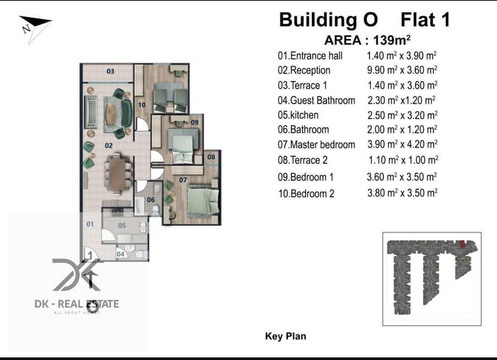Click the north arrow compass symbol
[x=34, y=28]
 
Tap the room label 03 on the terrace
[x=110, y=71]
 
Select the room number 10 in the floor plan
[x=142, y=104]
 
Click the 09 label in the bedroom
[x=195, y=122]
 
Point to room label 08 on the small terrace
[x=211, y=157]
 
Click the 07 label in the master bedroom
[x=183, y=180]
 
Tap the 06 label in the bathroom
[x=151, y=200]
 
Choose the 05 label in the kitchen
[x=122, y=226]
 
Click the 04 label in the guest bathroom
[x=121, y=254]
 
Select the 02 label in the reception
[x=109, y=146]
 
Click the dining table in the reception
[x=118, y=173]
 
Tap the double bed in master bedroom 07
[x=203, y=201]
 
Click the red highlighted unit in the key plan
[x=462, y=244]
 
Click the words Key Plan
[x=285, y=336]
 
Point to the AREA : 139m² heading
[x=368, y=40]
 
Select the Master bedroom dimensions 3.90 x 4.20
[x=402, y=145]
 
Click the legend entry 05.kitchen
[x=298, y=115]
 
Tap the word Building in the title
[x=318, y=20]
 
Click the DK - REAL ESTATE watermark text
[x=77, y=304]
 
